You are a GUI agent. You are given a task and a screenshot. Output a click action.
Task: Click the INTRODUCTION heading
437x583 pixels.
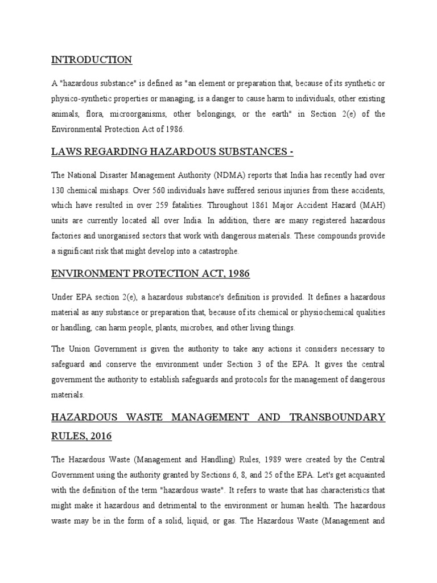[92, 60]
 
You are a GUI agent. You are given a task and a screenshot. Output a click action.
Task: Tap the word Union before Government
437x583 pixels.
[81, 348]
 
